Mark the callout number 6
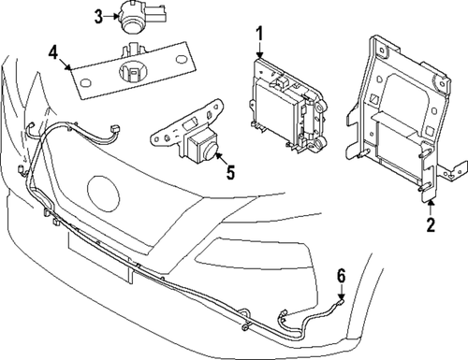click(x=342, y=275)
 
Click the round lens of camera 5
click(x=209, y=143)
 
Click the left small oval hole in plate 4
click(x=86, y=85)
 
